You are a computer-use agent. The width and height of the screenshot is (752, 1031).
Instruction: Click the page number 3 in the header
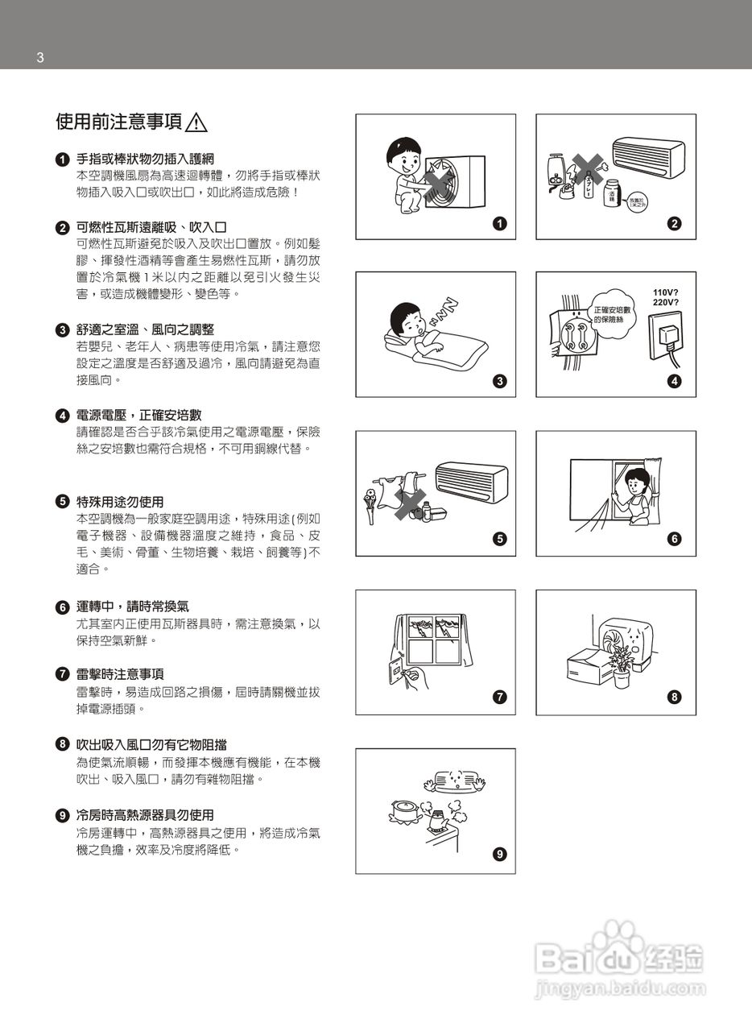tap(39, 57)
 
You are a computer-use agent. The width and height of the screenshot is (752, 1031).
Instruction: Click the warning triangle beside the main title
tap(196, 122)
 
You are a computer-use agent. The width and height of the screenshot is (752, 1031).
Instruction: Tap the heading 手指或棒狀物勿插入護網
tap(145, 159)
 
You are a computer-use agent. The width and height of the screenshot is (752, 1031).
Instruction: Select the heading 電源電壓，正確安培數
tap(138, 416)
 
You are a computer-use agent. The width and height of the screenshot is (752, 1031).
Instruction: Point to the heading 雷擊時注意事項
tap(120, 674)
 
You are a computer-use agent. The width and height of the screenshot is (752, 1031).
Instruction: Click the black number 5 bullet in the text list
tap(62, 502)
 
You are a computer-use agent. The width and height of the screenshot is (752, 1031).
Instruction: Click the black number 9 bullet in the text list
tap(62, 815)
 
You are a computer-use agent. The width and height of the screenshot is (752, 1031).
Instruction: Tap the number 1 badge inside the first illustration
tap(499, 224)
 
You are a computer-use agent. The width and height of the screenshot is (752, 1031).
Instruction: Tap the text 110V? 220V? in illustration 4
tap(664, 297)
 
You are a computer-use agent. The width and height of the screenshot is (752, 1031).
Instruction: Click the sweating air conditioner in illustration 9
tap(457, 780)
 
